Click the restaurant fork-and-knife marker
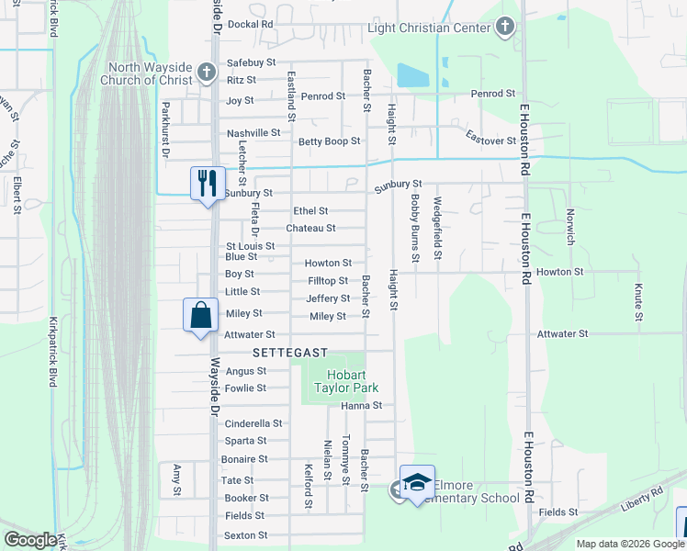coord(206,182)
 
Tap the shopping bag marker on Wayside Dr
coord(200,315)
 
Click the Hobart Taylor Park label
coord(335,382)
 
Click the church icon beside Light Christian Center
coord(504,28)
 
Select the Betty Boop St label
coord(329,141)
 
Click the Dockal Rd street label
coord(251,24)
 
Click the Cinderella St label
coord(253,423)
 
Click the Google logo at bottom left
coord(30,540)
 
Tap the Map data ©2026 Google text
coord(630,544)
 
